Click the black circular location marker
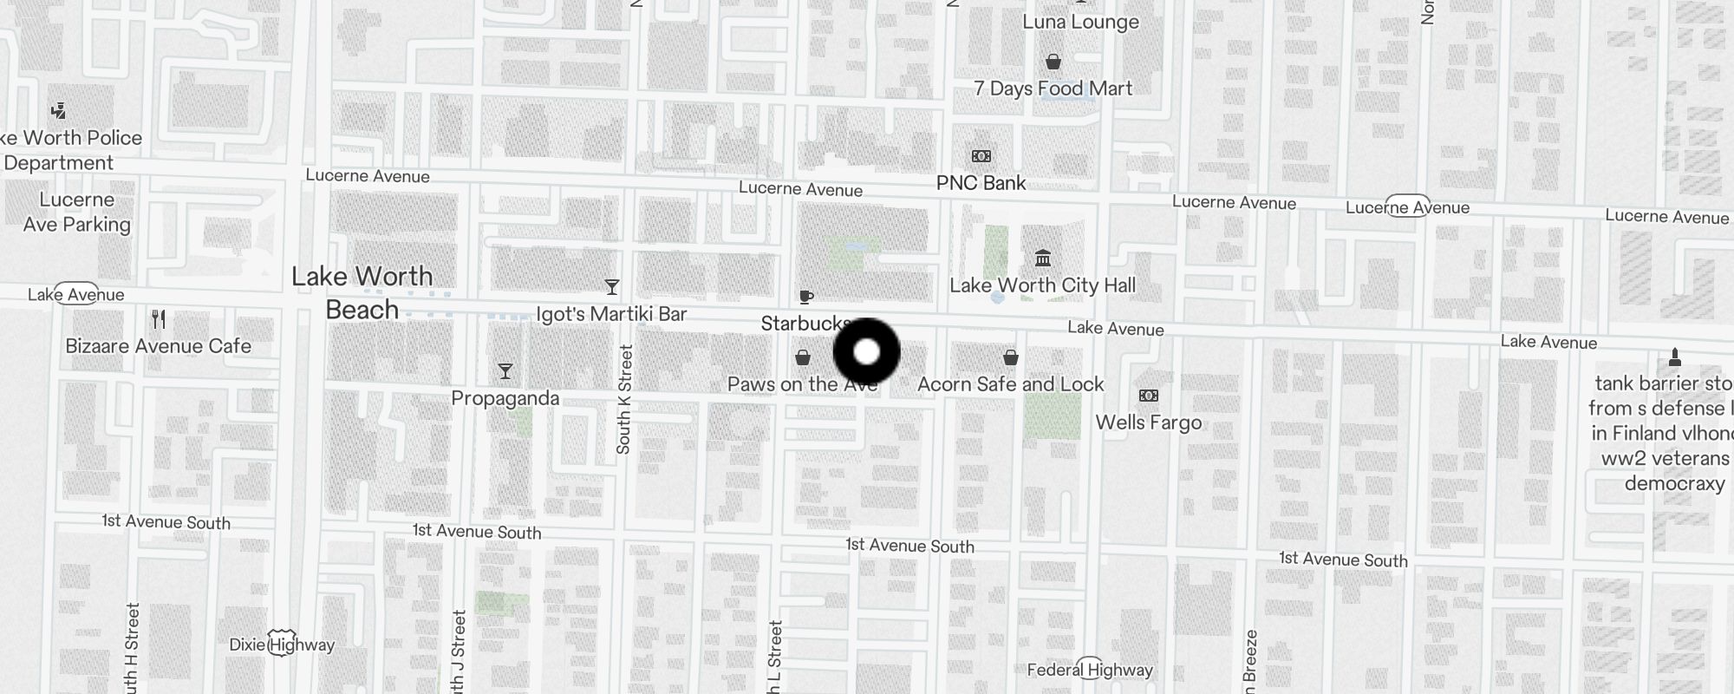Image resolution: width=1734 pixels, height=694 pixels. point(867,352)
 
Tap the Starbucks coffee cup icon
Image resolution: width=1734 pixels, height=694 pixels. point(805,298)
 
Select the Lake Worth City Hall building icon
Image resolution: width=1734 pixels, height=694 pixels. point(1043,259)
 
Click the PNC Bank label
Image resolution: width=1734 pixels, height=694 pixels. point(981,183)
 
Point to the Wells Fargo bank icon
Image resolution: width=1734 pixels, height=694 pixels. point(1149,396)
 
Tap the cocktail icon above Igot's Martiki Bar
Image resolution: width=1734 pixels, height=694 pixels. point(612,287)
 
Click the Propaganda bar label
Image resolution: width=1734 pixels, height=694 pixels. point(505,398)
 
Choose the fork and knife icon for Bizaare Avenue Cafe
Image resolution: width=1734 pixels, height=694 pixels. point(159,319)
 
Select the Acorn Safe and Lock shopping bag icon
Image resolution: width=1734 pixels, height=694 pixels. point(1010,357)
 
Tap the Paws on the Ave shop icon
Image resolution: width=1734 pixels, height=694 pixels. point(803,357)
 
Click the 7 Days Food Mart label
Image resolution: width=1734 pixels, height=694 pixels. point(1053,88)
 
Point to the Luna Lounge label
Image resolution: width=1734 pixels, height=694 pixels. point(1080,23)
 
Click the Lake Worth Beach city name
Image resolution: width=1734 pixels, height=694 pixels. point(362,293)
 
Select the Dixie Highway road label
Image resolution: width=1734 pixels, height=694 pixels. point(282,645)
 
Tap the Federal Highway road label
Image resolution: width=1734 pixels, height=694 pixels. point(1090,670)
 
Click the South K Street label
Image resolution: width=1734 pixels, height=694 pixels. point(624,399)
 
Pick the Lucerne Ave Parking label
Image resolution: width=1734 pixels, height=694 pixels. point(77,212)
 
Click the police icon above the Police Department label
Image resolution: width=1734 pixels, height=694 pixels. point(58,111)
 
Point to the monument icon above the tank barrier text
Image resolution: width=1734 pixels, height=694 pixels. point(1674,357)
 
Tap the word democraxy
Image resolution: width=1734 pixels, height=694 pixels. point(1674,483)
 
